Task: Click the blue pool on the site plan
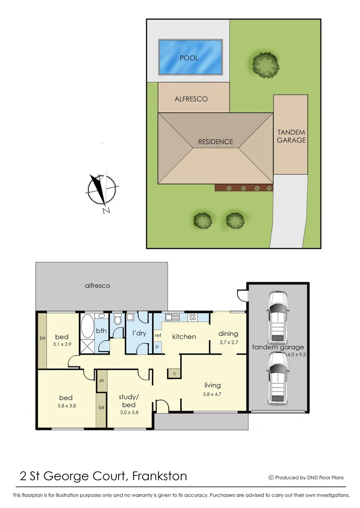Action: click(190, 57)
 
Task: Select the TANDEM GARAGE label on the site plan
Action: click(291, 136)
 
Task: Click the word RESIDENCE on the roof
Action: click(215, 142)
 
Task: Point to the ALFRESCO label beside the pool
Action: click(191, 99)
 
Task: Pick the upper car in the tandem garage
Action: click(277, 318)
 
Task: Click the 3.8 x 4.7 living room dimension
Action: click(213, 394)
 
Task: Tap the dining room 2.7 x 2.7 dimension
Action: click(228, 342)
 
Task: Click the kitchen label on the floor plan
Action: click(184, 336)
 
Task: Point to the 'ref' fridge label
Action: click(158, 335)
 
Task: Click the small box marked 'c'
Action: click(174, 373)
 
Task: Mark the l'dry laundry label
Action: click(139, 333)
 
